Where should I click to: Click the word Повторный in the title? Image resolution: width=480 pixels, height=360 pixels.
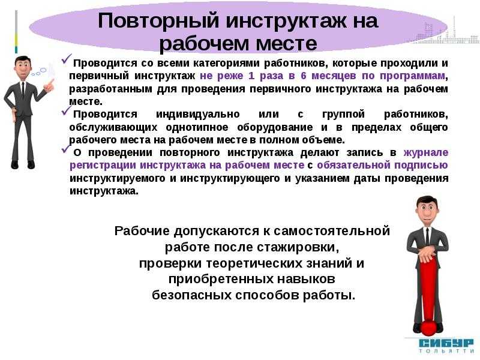point(158,21)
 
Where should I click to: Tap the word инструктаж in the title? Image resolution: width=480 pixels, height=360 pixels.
point(287,20)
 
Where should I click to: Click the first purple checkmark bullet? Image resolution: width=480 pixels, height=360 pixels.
point(67,59)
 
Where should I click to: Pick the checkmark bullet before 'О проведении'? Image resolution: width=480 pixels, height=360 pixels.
point(67,148)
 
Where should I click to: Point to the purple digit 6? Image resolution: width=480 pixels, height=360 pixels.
point(304,76)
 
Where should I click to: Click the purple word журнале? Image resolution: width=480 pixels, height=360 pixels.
point(426,152)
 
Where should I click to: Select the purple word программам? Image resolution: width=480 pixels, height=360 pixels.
point(412,76)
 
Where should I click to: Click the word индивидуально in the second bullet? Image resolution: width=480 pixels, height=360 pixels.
point(198,114)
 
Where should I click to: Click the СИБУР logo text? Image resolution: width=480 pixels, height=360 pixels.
point(446,343)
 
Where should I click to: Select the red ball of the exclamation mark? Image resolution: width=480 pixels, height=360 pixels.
point(428,327)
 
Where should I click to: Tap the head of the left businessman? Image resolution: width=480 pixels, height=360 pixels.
point(23,67)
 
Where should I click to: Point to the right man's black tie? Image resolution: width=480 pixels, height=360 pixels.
point(427,236)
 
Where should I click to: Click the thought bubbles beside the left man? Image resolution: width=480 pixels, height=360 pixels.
point(39,72)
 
